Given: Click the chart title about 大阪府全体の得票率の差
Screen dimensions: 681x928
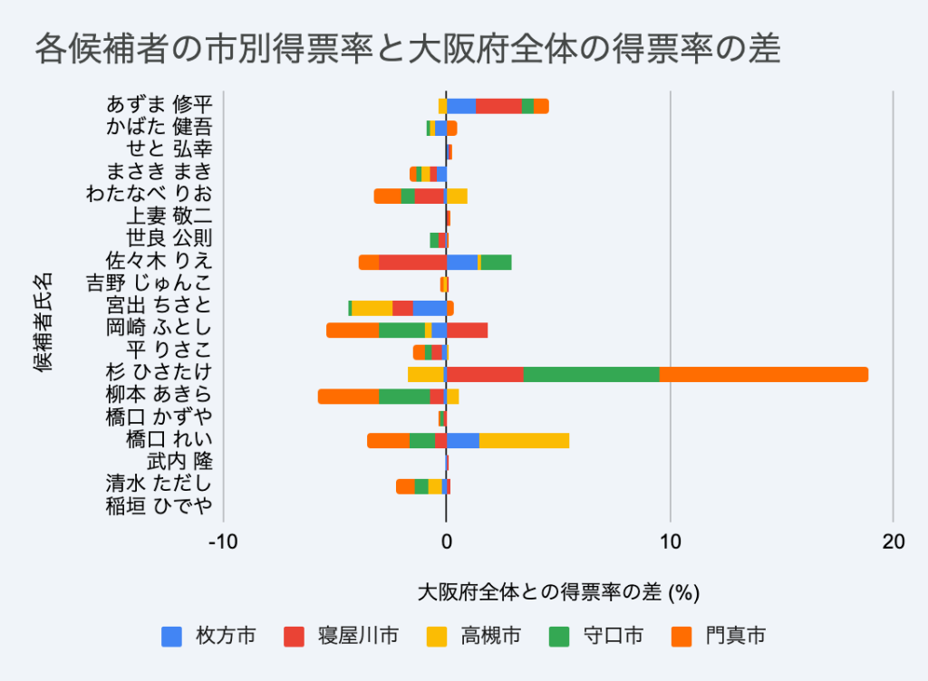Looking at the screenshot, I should click(407, 49).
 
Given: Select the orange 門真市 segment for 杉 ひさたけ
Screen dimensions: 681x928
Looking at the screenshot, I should click(763, 374).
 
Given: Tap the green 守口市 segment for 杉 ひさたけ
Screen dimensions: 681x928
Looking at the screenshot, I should click(591, 374).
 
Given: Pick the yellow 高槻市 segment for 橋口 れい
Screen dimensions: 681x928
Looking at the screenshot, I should click(524, 441).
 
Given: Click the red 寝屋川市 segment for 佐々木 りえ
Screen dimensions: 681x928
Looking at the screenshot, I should click(412, 263).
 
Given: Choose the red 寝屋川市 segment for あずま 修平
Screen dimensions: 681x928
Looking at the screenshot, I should click(498, 106).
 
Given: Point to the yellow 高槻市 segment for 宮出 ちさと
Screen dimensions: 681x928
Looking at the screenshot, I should click(372, 308).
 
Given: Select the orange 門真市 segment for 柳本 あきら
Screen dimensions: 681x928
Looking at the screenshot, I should click(348, 396).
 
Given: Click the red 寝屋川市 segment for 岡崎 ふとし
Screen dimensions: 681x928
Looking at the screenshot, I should click(467, 330).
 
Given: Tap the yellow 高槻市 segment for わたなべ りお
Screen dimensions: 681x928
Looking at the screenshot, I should click(457, 196).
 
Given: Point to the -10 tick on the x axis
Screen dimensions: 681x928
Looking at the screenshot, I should click(222, 542).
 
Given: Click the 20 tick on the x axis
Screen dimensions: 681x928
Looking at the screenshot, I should click(893, 542).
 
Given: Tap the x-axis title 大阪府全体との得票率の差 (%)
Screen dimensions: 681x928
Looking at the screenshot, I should click(558, 593).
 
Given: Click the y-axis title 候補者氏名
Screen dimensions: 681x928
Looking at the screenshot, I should click(43, 321).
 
